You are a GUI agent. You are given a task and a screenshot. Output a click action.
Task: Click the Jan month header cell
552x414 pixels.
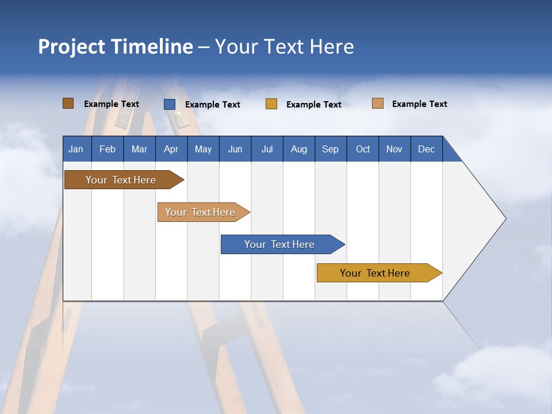coord(76,149)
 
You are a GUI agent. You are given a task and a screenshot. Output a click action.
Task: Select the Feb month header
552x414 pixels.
coord(108,149)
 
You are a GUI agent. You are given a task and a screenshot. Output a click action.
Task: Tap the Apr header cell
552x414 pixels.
coord(171,149)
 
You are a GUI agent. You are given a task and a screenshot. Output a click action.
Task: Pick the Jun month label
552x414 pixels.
coord(235,149)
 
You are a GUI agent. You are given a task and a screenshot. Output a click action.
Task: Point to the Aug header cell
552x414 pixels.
coord(299,149)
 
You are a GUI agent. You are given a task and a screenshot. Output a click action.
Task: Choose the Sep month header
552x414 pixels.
coord(331,149)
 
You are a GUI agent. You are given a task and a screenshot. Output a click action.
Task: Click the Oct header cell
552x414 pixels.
coord(363,149)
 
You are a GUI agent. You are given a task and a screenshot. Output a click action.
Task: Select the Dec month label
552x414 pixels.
coord(427,149)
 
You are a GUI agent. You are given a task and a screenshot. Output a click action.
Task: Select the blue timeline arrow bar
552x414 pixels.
coord(280,244)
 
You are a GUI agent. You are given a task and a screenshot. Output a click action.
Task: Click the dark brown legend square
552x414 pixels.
coord(68,103)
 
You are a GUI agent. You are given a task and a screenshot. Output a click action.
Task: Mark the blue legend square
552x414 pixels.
coord(170,104)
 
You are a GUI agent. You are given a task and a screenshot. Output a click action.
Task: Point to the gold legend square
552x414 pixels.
coord(271,104)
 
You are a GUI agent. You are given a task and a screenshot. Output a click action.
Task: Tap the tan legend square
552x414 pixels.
coord(378,103)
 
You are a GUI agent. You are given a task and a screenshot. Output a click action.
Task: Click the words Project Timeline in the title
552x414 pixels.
coord(115,47)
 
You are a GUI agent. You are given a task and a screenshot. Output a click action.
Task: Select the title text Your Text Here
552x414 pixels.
coord(285,47)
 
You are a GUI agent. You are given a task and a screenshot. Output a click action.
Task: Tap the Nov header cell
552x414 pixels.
coord(394,149)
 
